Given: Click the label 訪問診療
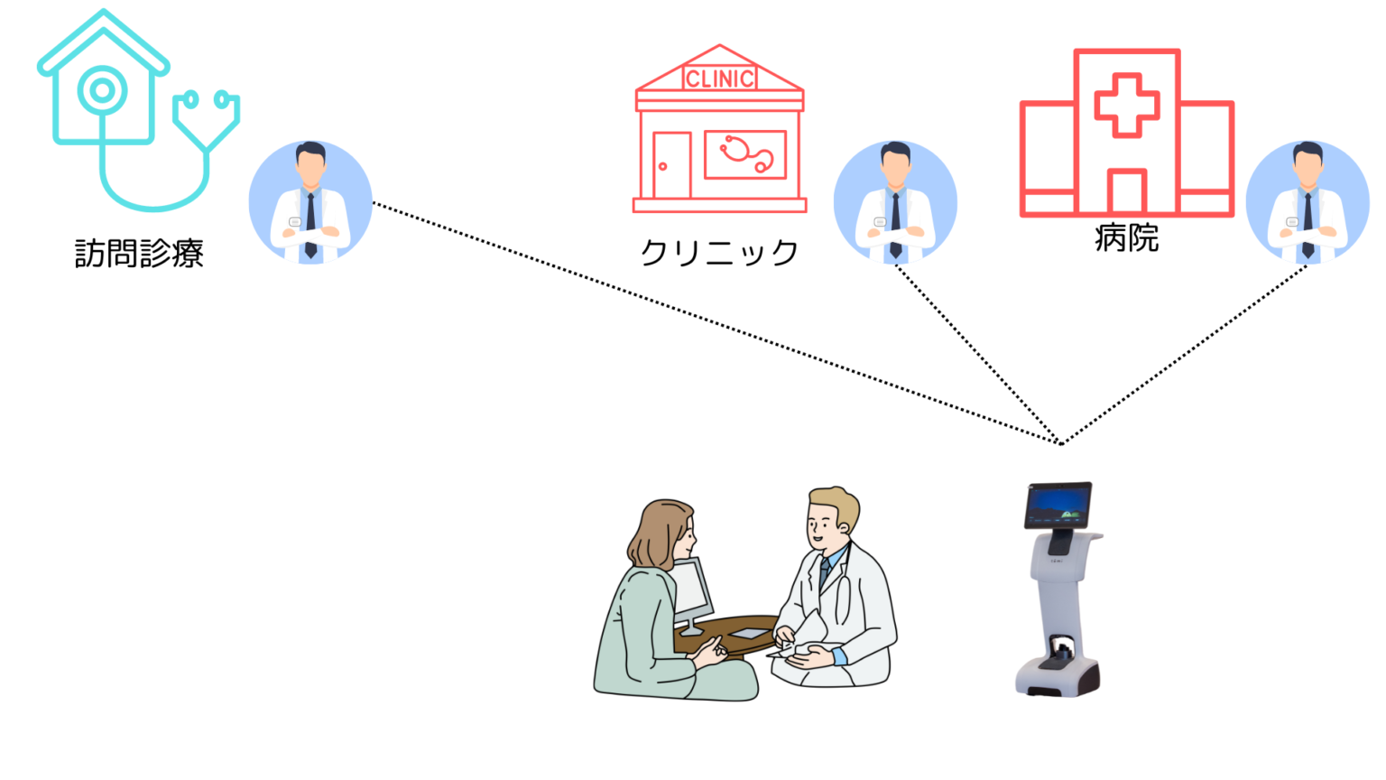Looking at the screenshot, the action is [139, 253].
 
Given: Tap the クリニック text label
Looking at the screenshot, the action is [719, 253].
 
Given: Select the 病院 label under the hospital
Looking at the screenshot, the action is [1126, 237].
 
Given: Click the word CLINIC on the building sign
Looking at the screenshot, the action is [719, 79].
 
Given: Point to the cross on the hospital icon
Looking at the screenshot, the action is [1127, 106].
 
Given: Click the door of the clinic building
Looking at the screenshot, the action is [672, 165].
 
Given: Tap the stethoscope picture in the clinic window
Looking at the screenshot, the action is [746, 154].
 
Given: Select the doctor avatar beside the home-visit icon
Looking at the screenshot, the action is [310, 202].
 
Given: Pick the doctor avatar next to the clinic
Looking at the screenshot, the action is [895, 202].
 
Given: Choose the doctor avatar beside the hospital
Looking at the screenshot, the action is [1307, 202].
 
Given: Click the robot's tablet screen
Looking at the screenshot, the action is [1058, 506].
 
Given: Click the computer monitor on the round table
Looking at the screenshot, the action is [692, 594].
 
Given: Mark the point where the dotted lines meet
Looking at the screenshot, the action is [1060, 443].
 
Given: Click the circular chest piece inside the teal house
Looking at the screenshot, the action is [103, 91].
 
